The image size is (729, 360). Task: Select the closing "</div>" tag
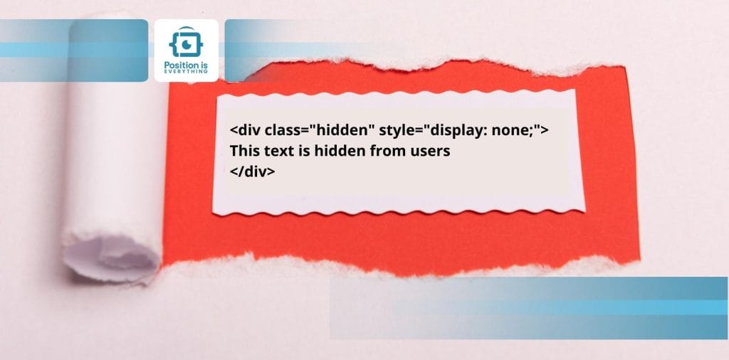tap(252, 171)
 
